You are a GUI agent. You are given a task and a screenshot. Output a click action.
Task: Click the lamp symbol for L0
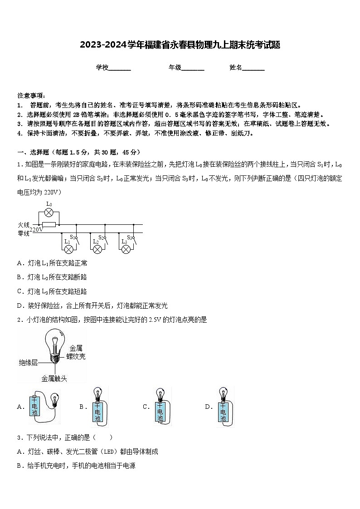point(49,213)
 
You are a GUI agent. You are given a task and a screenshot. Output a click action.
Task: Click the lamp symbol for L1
point(69,249)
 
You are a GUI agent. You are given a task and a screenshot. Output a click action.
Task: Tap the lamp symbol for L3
point(126,249)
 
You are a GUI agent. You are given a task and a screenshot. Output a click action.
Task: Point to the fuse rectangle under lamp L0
point(49,224)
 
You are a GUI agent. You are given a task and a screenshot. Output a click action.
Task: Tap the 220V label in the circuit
point(37,230)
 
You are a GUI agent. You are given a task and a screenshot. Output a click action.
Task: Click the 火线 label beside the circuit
point(24,224)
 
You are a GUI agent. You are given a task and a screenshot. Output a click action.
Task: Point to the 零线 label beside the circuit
point(24,233)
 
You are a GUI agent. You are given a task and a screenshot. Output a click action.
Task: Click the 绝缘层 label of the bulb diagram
point(28,363)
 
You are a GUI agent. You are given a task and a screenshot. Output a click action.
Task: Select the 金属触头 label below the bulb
point(54,378)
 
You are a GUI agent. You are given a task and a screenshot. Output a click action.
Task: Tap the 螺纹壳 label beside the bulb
point(76,356)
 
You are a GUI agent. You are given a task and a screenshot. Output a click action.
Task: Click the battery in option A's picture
point(35,407)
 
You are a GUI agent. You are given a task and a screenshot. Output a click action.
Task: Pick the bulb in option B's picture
point(97,393)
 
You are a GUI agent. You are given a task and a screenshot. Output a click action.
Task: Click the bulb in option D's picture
point(223,393)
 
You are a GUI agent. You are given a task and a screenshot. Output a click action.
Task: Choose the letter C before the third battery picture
point(146,407)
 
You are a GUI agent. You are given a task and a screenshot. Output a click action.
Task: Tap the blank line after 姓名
point(253,68)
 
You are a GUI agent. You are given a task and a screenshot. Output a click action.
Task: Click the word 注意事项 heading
point(30,96)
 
